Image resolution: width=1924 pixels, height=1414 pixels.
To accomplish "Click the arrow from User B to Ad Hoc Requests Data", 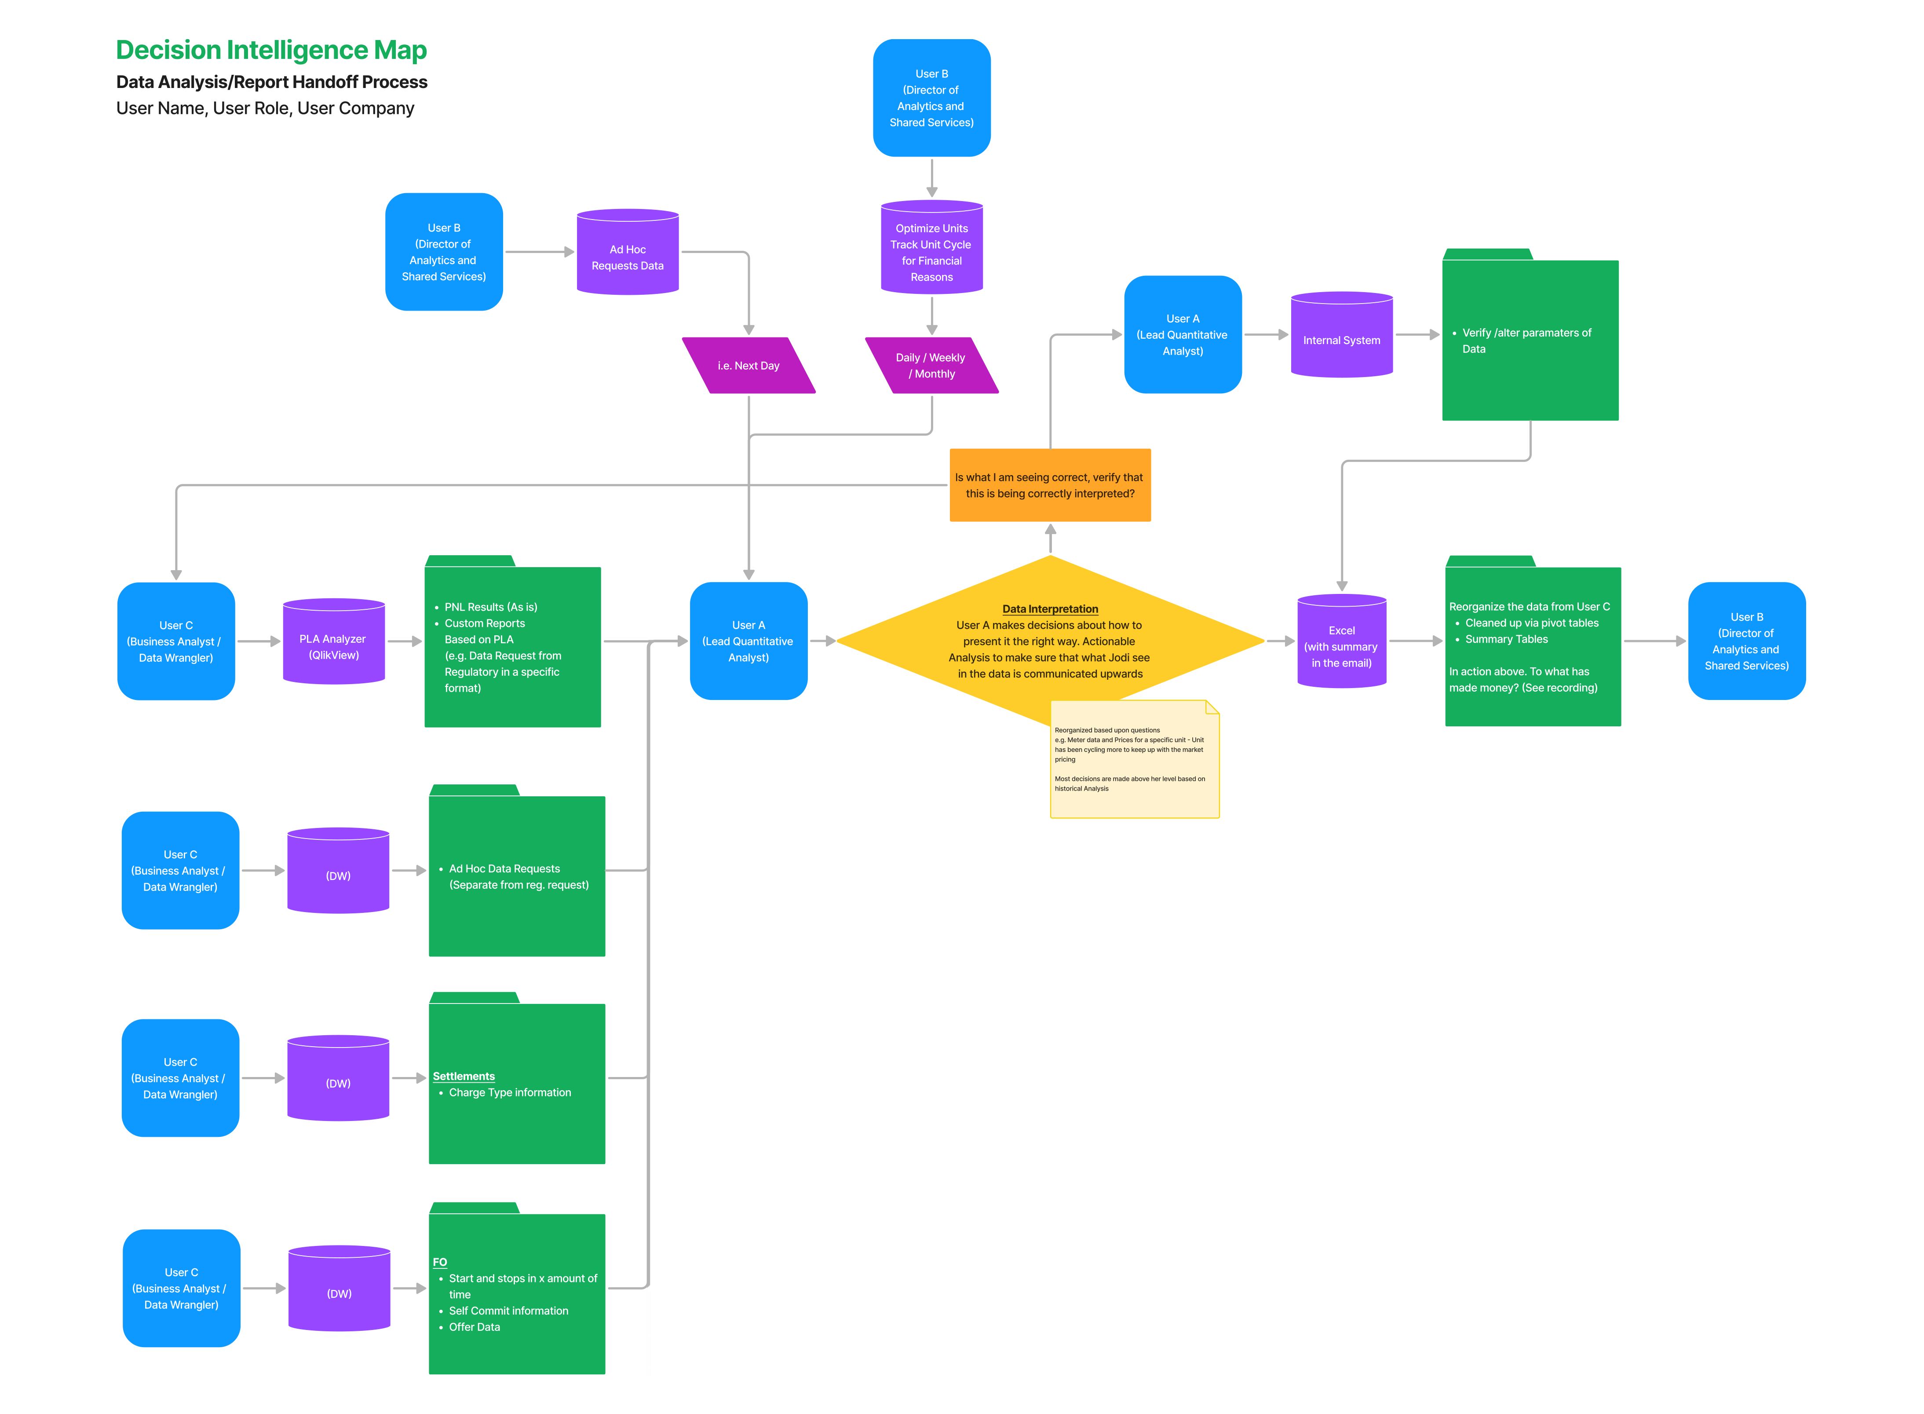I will coord(539,252).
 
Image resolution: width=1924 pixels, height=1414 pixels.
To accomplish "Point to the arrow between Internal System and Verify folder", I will coord(1417,335).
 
